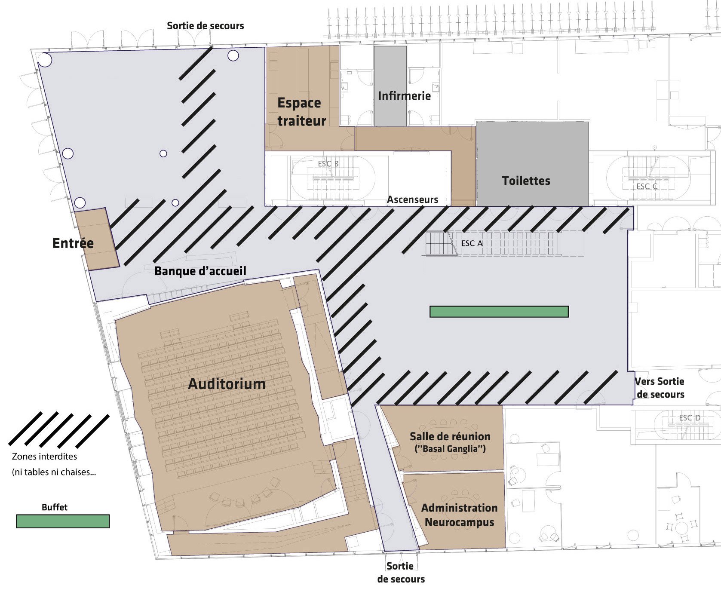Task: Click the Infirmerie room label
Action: tap(405, 96)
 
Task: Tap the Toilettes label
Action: tap(526, 181)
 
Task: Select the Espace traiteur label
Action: tap(301, 112)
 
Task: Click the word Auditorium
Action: tap(227, 384)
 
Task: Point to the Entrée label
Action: tap(73, 243)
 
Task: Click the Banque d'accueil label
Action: tap(200, 271)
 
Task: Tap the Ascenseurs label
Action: tap(413, 199)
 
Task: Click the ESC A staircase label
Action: tap(472, 243)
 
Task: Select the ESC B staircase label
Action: tap(328, 164)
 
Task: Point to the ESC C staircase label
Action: tap(647, 187)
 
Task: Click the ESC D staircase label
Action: tap(690, 418)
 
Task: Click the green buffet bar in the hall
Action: tap(499, 312)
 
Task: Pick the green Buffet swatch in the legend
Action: tap(63, 521)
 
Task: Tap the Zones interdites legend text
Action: tap(45, 457)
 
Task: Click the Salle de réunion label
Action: tap(450, 436)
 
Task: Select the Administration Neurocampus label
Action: tap(459, 515)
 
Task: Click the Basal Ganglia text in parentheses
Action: tap(450, 449)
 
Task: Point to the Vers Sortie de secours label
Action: tap(660, 388)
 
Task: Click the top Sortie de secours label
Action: tap(206, 26)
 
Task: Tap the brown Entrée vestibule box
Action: tap(97, 239)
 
